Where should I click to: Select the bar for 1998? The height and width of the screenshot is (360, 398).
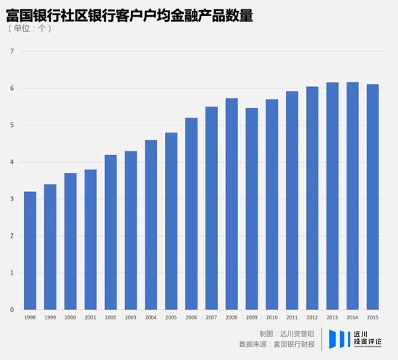click(x=30, y=251)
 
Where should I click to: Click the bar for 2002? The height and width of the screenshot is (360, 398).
click(x=111, y=232)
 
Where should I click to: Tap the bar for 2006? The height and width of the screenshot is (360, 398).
click(x=191, y=214)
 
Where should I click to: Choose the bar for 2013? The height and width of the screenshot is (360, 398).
click(x=332, y=196)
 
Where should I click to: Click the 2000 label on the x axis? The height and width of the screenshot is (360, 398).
click(x=70, y=317)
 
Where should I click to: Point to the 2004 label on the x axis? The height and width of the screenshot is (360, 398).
click(x=151, y=317)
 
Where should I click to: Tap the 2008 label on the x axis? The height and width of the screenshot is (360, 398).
click(x=232, y=317)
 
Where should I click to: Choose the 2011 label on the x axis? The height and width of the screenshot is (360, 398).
click(x=292, y=317)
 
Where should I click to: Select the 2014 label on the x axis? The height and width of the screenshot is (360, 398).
click(x=352, y=317)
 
